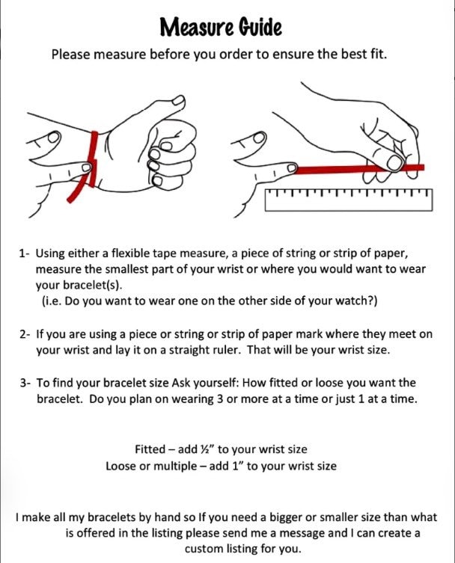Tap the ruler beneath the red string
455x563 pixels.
click(349, 200)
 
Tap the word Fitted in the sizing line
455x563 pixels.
click(150, 449)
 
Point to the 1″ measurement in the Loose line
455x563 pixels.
click(238, 466)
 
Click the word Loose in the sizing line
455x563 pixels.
click(120, 466)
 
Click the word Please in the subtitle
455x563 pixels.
click(71, 55)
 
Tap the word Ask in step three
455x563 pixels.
click(181, 383)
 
